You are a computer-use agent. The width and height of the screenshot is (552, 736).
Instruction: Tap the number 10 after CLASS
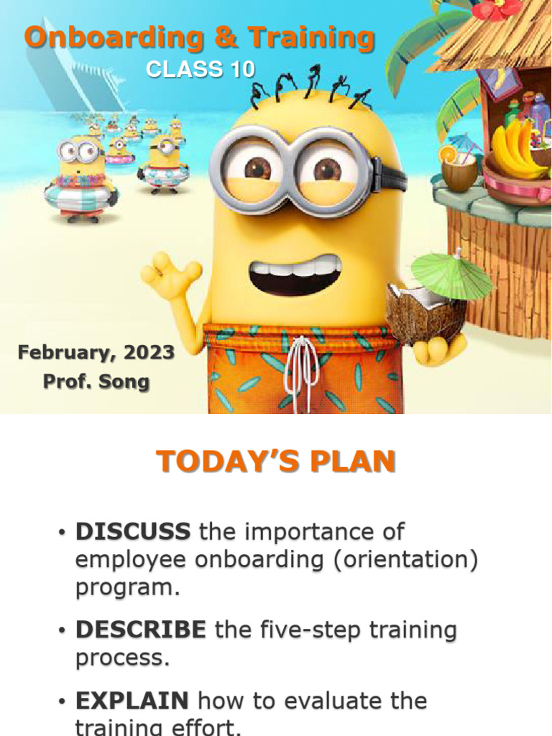click(x=239, y=69)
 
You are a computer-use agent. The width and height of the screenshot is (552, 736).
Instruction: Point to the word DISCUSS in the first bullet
click(x=133, y=532)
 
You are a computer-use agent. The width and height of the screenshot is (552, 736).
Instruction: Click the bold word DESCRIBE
click(x=140, y=630)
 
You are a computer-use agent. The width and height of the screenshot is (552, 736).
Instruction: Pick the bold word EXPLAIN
click(x=132, y=700)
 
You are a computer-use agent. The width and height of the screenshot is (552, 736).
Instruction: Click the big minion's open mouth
click(x=295, y=275)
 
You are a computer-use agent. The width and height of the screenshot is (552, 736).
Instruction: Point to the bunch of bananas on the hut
click(x=516, y=149)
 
